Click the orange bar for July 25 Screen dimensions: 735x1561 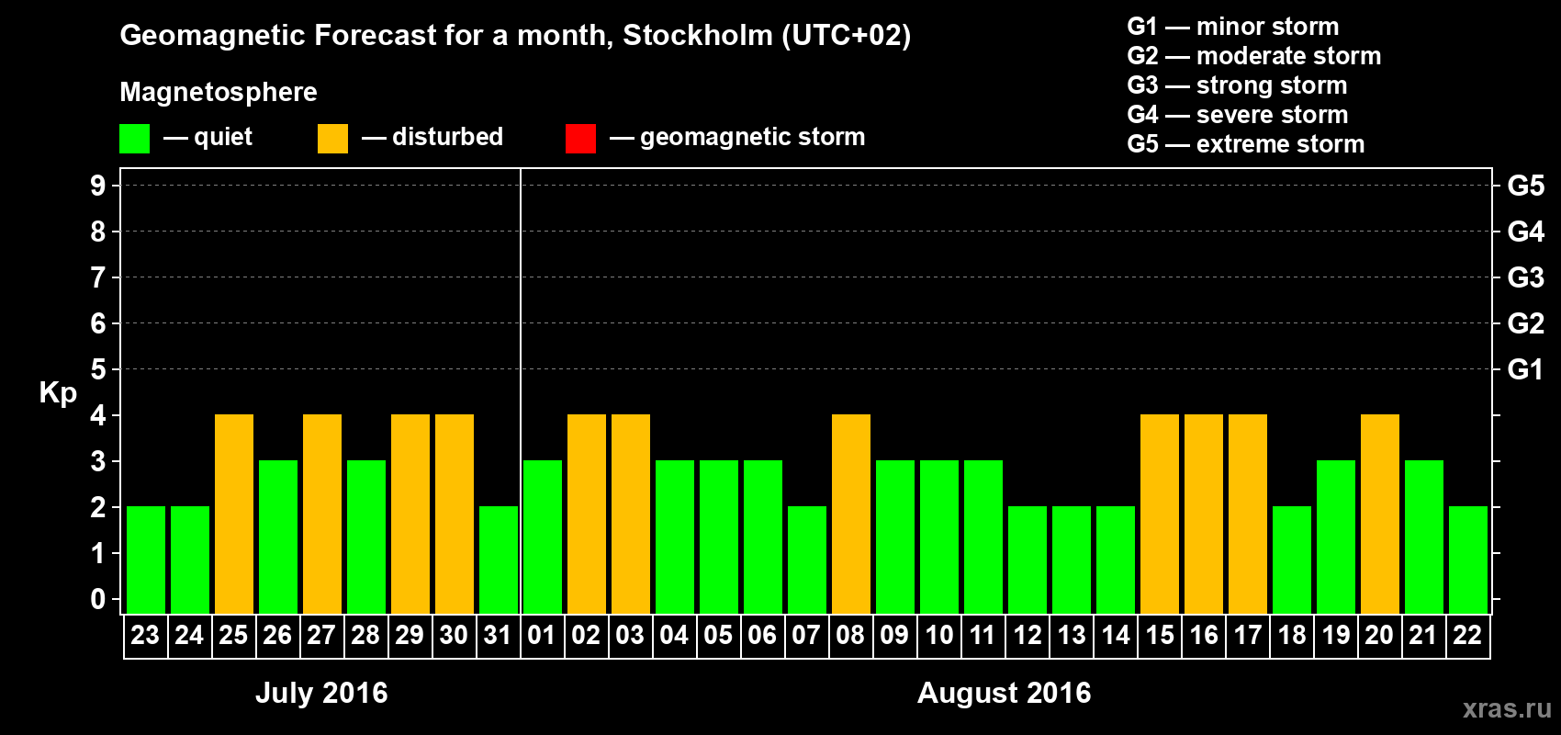tap(234, 514)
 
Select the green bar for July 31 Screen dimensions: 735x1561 tap(499, 560)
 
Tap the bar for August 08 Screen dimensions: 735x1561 tap(851, 514)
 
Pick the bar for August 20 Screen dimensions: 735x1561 tap(1380, 514)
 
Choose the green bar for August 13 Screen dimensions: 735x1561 tap(1072, 560)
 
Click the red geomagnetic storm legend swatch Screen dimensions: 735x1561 tap(580, 139)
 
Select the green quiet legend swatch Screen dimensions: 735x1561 tap(134, 139)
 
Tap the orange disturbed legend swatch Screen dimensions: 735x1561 tap(332, 139)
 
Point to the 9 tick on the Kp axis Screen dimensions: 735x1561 tap(98, 186)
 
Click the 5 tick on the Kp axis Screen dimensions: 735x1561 tap(98, 369)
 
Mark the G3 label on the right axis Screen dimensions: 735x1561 tap(1525, 277)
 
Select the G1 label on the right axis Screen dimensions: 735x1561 tap(1525, 369)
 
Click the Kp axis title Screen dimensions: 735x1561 tap(58, 393)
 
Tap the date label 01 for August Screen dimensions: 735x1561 tap(542, 635)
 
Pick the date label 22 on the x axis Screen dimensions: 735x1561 tap(1467, 635)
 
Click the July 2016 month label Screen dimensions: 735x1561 tap(321, 693)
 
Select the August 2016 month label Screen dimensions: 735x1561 tap(1004, 693)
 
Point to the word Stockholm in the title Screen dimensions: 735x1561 tap(698, 36)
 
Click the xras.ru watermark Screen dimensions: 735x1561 tap(1507, 707)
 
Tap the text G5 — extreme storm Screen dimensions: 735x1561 tap(1245, 144)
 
